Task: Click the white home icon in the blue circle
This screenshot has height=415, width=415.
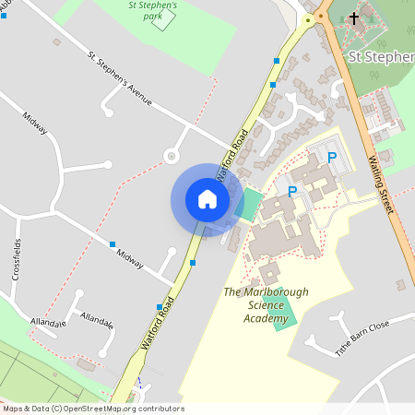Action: click(x=207, y=199)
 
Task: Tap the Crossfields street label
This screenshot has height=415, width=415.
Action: click(x=17, y=259)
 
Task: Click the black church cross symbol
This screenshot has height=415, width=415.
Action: click(x=354, y=18)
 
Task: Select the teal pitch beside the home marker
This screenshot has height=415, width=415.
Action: click(x=248, y=204)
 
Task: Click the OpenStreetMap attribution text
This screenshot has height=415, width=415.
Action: click(x=92, y=409)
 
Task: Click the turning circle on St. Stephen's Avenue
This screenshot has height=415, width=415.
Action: click(x=171, y=156)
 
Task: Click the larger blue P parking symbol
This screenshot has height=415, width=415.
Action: click(x=293, y=191)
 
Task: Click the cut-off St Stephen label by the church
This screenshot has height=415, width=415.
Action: click(x=380, y=57)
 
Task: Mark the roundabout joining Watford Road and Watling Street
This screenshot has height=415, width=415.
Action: click(x=321, y=16)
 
